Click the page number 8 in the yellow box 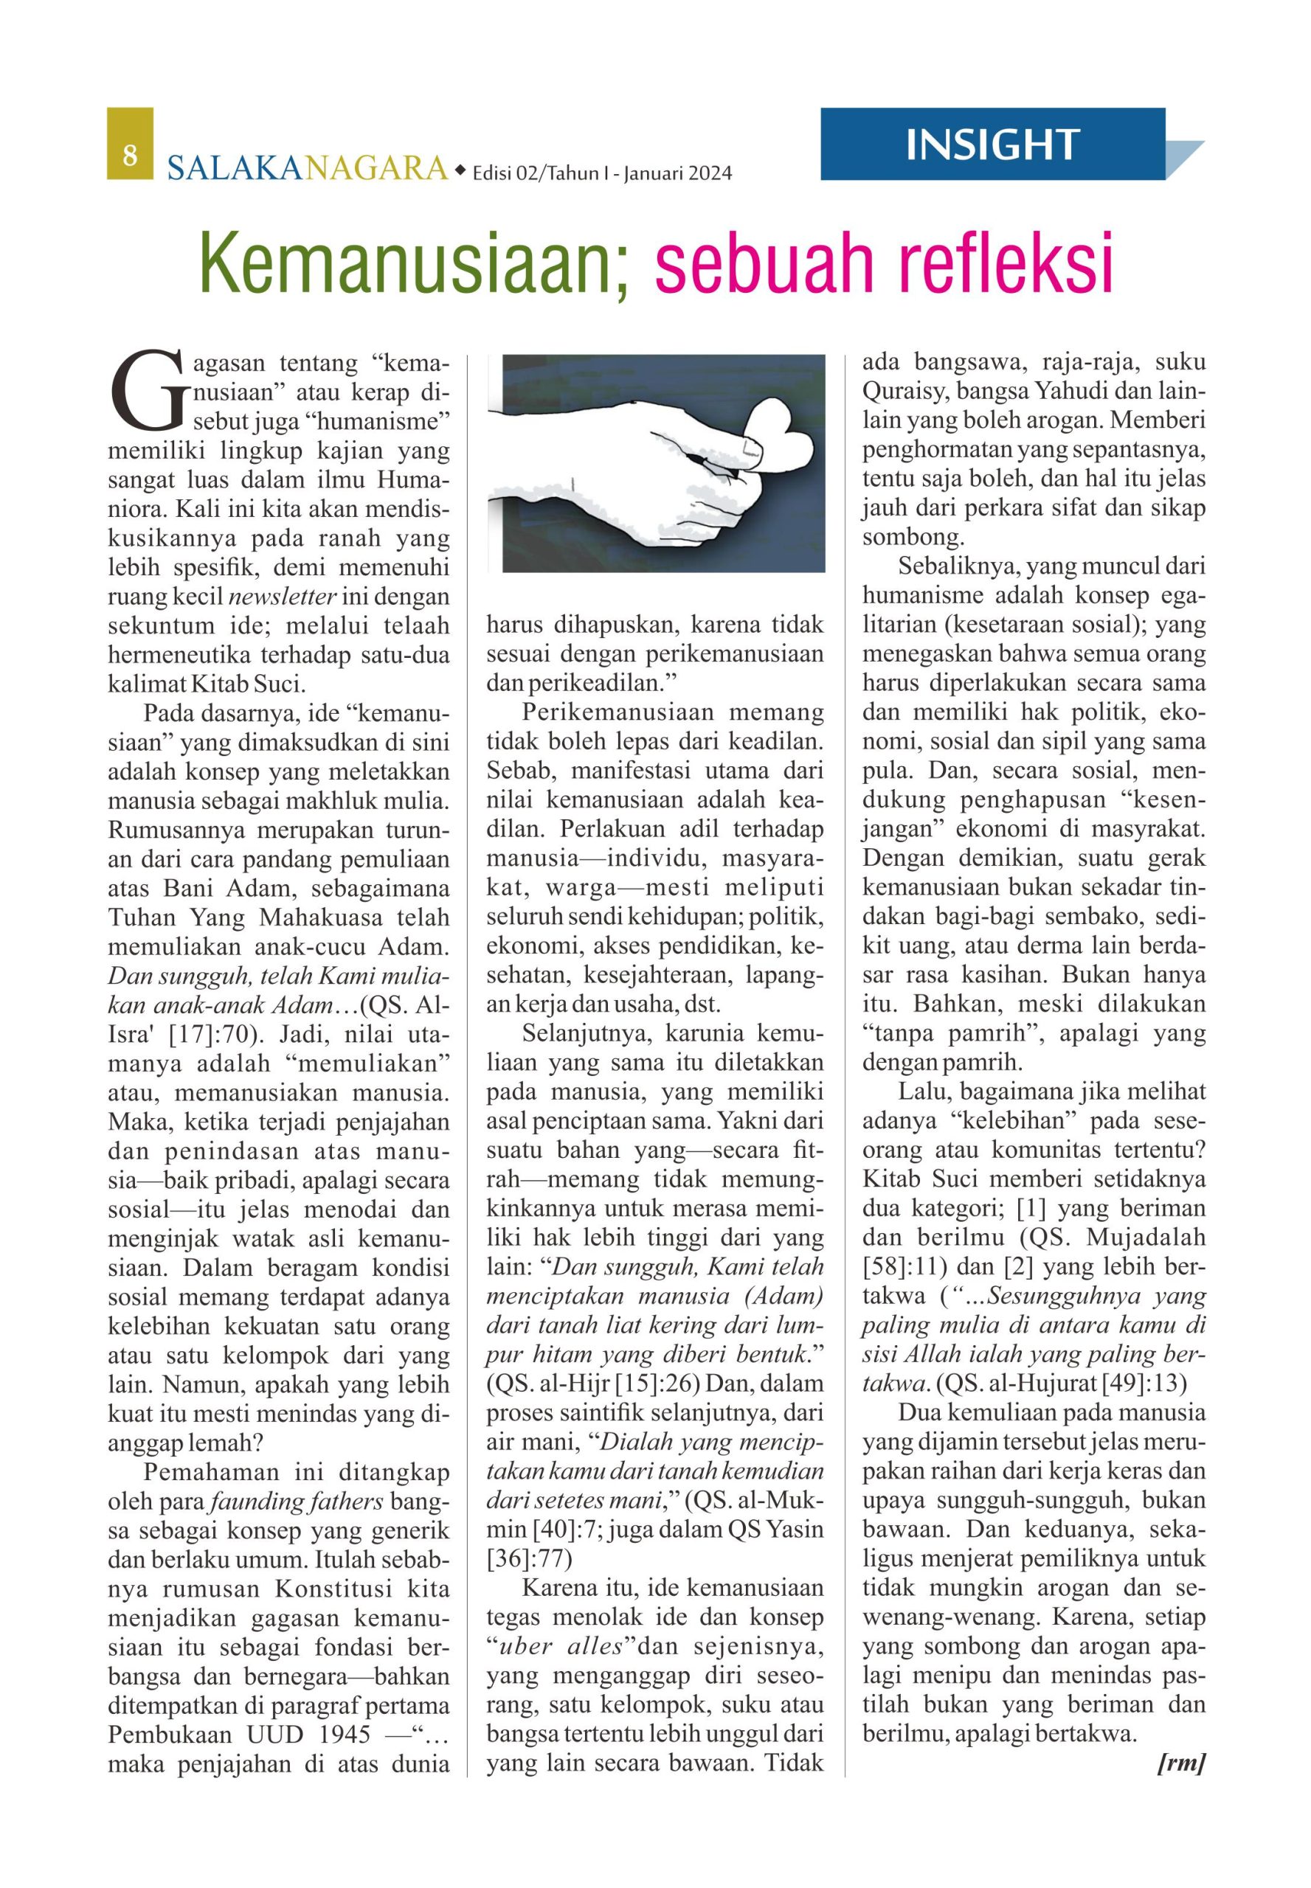(x=129, y=153)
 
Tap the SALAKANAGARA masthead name (x=307, y=167)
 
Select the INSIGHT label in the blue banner (x=992, y=145)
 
